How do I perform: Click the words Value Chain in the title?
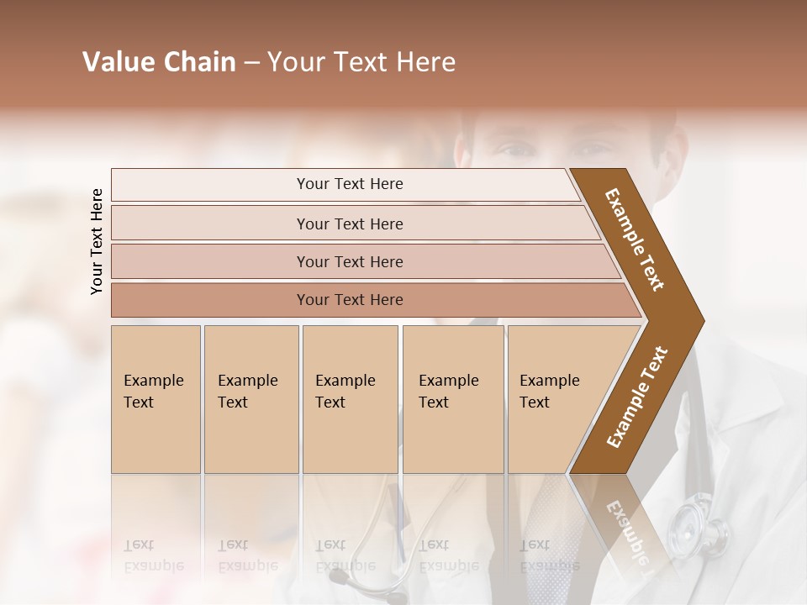click(159, 62)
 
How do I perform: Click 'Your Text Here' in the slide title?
click(361, 62)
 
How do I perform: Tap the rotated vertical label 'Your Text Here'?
click(97, 242)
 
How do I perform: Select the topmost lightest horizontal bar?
click(349, 184)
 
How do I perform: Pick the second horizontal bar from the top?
click(349, 224)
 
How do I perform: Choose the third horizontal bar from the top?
click(349, 261)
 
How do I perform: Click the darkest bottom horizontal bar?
click(349, 300)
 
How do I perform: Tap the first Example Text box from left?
click(156, 399)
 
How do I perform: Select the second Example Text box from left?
click(251, 399)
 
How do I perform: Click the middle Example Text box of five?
click(350, 399)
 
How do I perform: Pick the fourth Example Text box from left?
click(452, 399)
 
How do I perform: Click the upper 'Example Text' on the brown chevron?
click(636, 239)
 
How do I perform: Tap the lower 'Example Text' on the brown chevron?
click(637, 397)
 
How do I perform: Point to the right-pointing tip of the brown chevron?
click(701, 320)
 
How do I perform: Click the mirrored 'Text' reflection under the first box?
click(139, 544)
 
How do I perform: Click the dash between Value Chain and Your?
click(251, 63)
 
